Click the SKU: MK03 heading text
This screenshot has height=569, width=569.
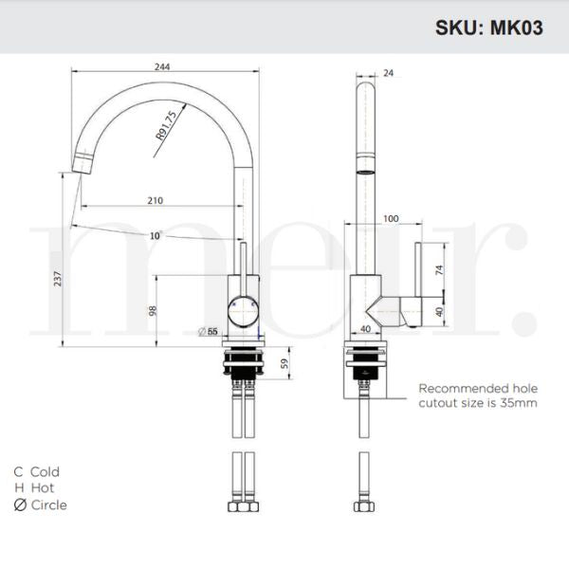point(489,28)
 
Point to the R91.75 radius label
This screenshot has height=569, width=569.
point(167,126)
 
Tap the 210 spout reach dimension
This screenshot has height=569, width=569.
point(156,200)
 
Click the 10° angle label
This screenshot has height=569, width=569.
point(155,234)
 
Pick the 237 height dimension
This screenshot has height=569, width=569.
point(58,278)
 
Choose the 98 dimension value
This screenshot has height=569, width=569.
point(152,310)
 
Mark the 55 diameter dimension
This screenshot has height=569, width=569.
point(211,331)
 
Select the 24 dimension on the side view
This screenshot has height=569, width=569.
point(388,72)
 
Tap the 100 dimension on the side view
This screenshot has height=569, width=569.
point(391,219)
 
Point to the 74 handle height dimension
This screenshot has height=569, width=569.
point(438,269)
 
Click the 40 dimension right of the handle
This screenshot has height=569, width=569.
point(438,311)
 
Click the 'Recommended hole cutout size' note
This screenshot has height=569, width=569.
point(478,395)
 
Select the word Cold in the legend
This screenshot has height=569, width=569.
point(45,471)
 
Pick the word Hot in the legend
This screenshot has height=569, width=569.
point(43,487)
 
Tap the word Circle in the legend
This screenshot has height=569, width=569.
point(49,505)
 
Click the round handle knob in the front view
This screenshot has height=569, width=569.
point(242,309)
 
